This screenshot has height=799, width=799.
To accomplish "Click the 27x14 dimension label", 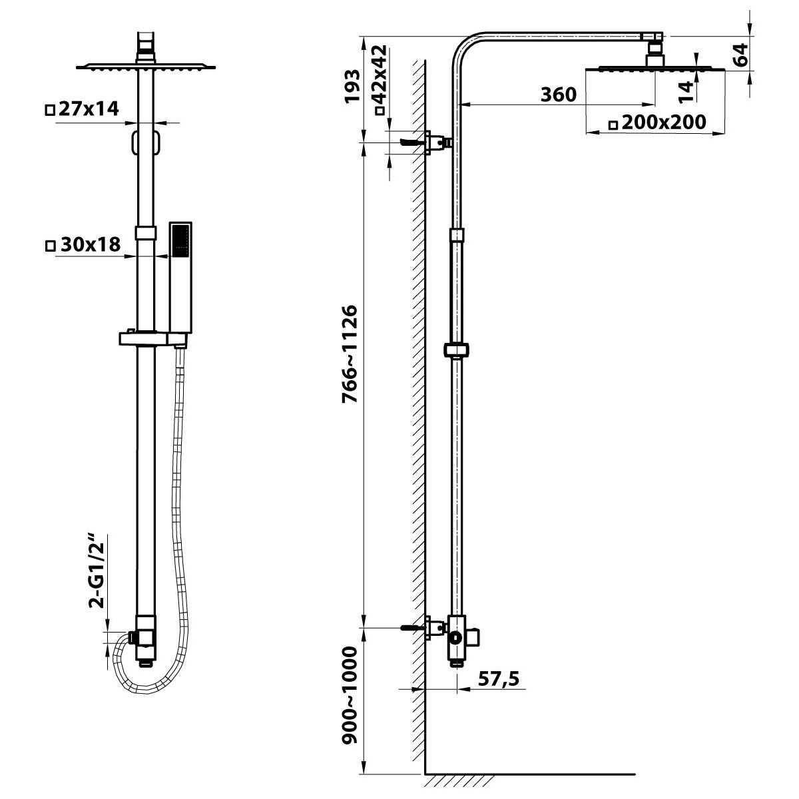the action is [x=82, y=109].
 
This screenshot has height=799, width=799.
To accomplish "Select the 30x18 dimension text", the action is [x=83, y=244].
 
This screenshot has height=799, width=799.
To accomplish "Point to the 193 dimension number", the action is [x=352, y=87].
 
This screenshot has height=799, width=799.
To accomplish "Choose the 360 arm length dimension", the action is [x=558, y=95].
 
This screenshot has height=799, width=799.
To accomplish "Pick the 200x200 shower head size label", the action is [x=657, y=123].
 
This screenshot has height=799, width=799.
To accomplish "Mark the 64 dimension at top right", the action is [x=740, y=55].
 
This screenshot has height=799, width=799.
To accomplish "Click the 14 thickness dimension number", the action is [x=686, y=92].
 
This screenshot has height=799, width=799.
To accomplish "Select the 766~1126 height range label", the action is [x=350, y=354].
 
